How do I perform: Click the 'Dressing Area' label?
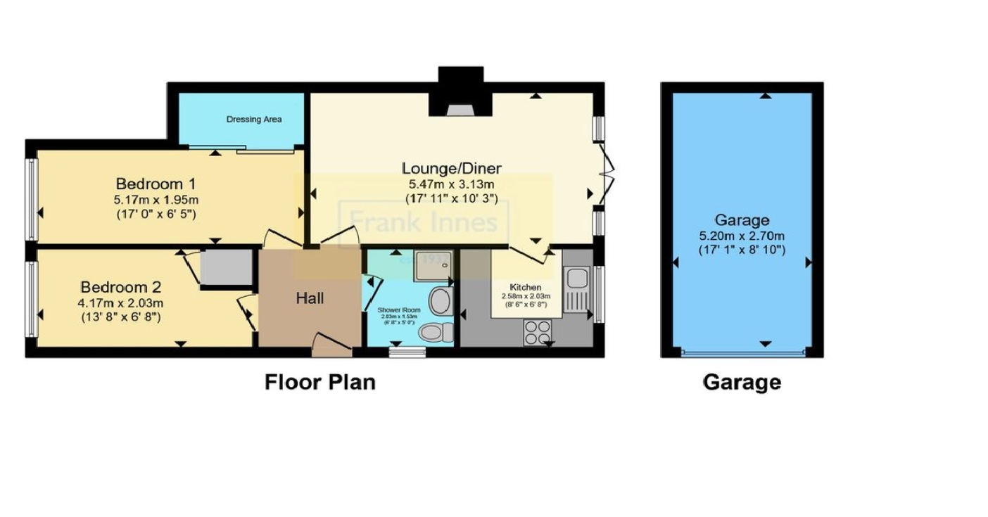tap(253, 120)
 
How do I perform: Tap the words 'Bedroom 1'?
tap(150, 184)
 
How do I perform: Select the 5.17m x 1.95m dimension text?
tap(156, 199)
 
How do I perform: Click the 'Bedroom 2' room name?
tap(120, 287)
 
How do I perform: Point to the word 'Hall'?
tap(310, 298)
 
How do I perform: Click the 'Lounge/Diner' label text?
tap(451, 168)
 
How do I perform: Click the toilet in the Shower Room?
tap(436, 331)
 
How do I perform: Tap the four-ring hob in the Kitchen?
tap(538, 332)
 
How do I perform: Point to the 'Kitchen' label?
tap(526, 287)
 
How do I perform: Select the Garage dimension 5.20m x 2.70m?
tap(742, 236)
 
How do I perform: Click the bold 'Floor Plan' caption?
tap(320, 382)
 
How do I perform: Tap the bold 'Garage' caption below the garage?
tap(742, 382)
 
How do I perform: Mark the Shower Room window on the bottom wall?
tap(407, 352)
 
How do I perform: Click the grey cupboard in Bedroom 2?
tap(226, 268)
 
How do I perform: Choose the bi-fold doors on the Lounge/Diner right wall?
tap(605, 170)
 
